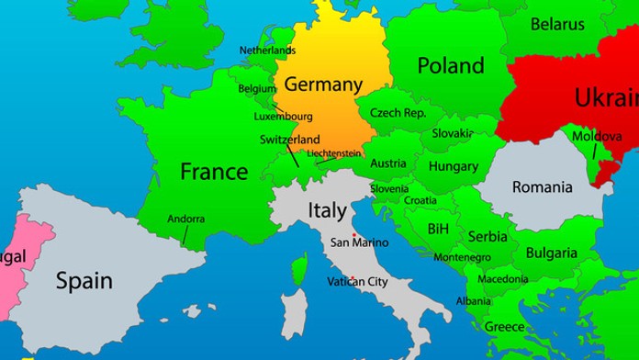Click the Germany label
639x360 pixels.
coord(323,84)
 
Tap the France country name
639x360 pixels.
coord(214,171)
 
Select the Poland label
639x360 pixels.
coord(450,66)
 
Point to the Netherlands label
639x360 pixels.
coord(267,50)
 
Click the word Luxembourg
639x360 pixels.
coord(283,117)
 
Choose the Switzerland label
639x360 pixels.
coord(290,140)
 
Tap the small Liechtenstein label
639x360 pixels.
coord(334,153)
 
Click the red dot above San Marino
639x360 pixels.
coord(353,234)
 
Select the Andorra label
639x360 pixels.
coord(186,219)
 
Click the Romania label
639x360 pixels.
coord(543,187)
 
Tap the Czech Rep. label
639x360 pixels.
coord(398,113)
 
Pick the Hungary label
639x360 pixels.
coord(453,167)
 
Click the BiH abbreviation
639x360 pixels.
coord(439,228)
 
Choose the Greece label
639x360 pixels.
coord(504,326)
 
